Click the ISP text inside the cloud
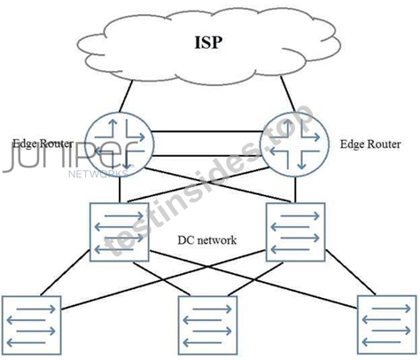208,43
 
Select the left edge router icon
120,145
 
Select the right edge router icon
294,145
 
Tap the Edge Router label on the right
370,145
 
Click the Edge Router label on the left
43,144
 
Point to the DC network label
206,240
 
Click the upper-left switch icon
119,232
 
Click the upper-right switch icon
296,232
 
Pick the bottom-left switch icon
32,325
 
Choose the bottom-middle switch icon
207,325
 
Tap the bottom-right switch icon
387,325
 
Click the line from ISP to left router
126,96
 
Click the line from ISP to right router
287,93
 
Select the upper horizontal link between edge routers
207,131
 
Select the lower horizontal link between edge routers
207,155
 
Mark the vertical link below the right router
295,190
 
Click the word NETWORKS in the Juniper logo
98,174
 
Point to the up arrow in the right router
287,126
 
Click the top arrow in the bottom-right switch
391,309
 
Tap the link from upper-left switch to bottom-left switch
65,273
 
